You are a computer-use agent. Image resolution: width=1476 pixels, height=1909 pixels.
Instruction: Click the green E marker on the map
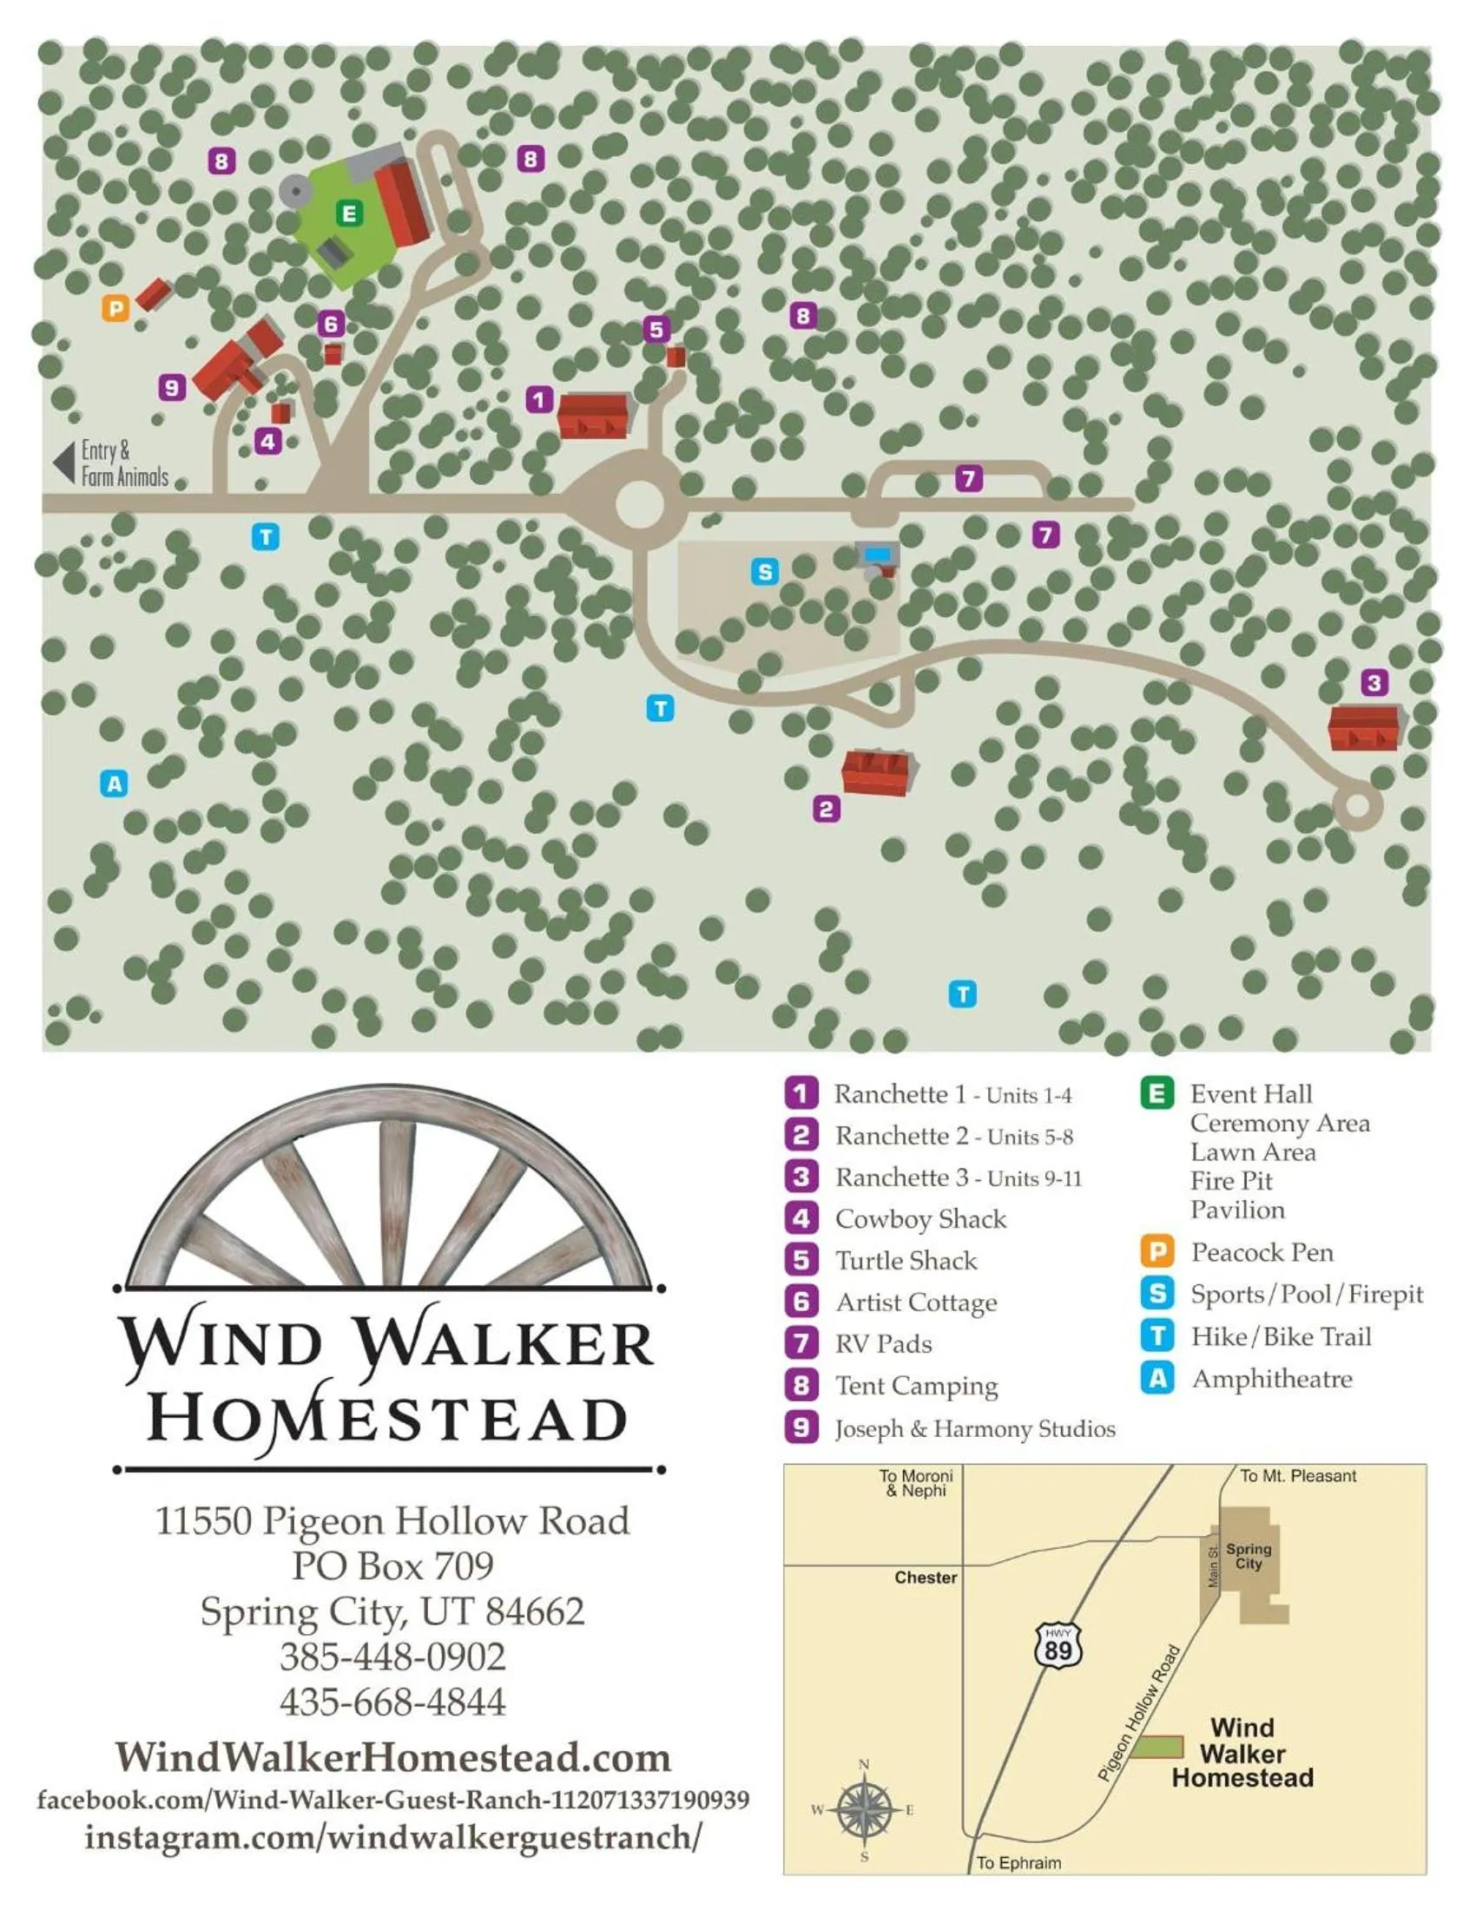349,213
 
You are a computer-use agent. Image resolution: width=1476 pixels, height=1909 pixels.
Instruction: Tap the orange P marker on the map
115,308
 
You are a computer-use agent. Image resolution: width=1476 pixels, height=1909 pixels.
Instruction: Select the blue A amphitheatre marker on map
114,784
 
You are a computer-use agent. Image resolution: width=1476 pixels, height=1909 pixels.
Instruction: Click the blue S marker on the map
765,572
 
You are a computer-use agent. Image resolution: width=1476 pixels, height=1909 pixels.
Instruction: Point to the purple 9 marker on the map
172,387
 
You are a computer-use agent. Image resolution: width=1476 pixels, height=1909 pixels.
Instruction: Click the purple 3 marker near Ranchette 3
1374,682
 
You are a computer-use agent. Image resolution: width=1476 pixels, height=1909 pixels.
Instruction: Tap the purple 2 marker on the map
827,809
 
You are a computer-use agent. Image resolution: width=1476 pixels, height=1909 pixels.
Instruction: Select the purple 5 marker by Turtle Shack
656,330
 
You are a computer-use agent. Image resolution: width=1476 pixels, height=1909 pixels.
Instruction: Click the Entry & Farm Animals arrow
64,462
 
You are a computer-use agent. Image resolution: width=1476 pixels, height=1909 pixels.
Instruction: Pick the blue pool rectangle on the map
877,554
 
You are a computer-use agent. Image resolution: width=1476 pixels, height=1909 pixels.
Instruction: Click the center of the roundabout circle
640,504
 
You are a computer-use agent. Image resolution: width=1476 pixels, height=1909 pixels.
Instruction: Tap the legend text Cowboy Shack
919,1218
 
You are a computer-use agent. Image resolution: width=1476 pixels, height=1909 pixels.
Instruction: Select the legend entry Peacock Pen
1262,1251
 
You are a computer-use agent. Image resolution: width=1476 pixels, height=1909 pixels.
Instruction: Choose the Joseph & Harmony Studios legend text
974,1428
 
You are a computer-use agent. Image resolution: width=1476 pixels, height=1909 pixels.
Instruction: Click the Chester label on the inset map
926,1577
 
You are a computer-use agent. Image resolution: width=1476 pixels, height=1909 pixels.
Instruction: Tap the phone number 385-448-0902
392,1656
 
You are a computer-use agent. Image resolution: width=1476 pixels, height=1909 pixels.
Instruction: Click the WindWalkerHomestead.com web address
392,1756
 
